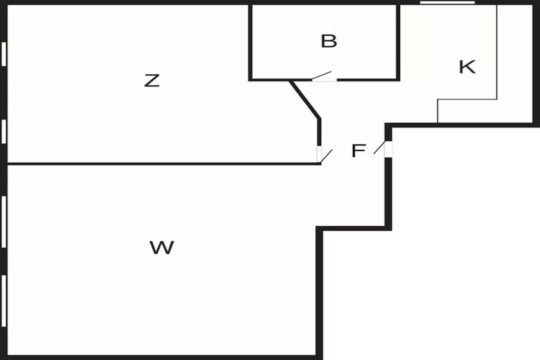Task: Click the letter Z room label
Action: tap(151, 81)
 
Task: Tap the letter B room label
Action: tap(329, 41)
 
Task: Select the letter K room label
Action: tap(467, 67)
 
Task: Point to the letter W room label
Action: tap(162, 248)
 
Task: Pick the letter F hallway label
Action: tap(359, 150)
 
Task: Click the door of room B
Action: tap(324, 77)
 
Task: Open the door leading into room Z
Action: tap(324, 154)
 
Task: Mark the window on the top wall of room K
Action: tap(447, 2)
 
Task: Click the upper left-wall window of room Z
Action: tap(4, 54)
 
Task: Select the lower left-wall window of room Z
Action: tap(4, 131)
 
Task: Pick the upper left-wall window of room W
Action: tap(4, 222)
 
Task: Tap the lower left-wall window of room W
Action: tap(4, 301)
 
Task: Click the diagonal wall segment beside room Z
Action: tap(305, 99)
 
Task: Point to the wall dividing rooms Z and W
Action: tap(164, 163)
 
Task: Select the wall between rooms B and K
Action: tap(398, 42)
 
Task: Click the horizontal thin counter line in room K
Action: tap(467, 99)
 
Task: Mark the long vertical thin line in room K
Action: tap(497, 52)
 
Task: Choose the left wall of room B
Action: tap(251, 42)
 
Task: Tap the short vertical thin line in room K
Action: tap(437, 111)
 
